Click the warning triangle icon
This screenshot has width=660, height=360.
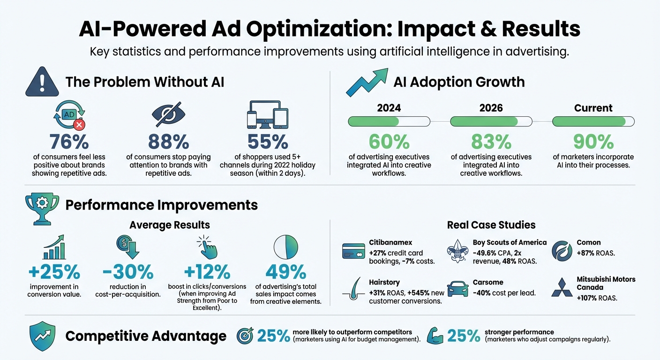pyautogui.click(x=42, y=82)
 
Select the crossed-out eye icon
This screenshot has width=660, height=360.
pyautogui.click(x=169, y=114)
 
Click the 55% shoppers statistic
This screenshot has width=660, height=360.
pyautogui.click(x=267, y=141)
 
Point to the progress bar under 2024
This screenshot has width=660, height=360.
pyautogui.click(x=389, y=122)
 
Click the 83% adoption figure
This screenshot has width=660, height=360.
pyautogui.click(x=491, y=141)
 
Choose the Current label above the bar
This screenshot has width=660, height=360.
pyautogui.click(x=593, y=108)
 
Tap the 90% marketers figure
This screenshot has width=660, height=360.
pyautogui.click(x=593, y=141)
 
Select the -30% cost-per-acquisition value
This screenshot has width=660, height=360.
pyautogui.click(x=129, y=271)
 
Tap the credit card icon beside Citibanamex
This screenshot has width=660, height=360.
pyautogui.click(x=354, y=250)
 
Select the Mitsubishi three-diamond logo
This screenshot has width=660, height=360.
pyautogui.click(x=562, y=287)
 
